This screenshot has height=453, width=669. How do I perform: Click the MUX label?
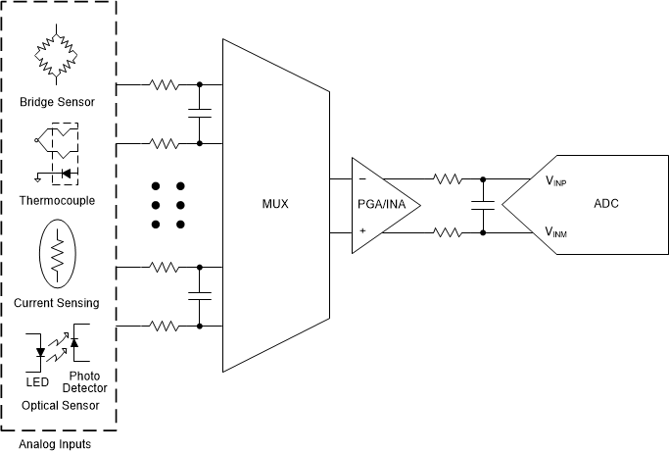tap(274, 205)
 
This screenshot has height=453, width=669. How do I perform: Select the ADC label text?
tap(606, 204)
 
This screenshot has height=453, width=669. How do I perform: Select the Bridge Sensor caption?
tap(57, 102)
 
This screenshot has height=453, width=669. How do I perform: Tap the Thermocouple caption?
tap(57, 199)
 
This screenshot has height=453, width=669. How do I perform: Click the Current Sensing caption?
tap(57, 303)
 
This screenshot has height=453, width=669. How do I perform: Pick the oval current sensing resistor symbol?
tap(57, 255)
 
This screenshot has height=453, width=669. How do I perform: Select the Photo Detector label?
tap(85, 381)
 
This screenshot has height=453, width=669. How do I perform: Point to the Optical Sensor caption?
tap(60, 405)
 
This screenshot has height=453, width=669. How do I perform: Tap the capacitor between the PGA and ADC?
tap(482, 206)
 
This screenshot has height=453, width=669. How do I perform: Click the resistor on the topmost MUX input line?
tap(164, 84)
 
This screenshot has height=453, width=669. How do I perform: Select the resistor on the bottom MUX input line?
tap(164, 326)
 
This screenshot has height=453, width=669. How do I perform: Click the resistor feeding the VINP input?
tap(447, 179)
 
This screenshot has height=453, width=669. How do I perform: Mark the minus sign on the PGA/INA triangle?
tap(361, 179)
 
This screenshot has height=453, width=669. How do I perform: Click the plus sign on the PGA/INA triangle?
tap(361, 231)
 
